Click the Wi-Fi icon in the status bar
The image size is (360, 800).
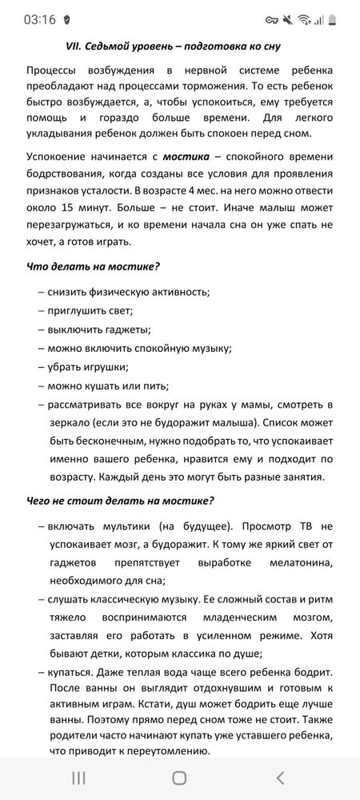[x=304, y=18]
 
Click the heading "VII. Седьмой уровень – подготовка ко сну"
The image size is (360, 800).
[x=179, y=47]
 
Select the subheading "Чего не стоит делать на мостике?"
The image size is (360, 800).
[x=120, y=502]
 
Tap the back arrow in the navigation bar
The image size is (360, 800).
[x=280, y=778]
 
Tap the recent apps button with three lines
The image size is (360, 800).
[x=78, y=778]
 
